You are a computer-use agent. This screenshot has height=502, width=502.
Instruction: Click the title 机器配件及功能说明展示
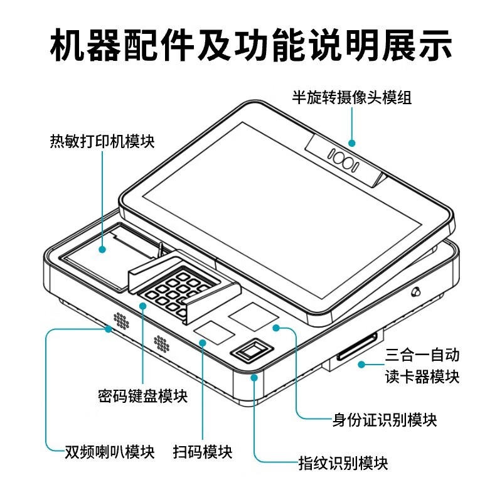pyautogui.click(x=251, y=45)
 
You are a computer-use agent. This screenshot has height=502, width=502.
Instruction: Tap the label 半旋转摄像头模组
pyautogui.click(x=351, y=97)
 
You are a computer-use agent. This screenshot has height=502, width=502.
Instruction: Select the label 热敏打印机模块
pyautogui.click(x=102, y=141)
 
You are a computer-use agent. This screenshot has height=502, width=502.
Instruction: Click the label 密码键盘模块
pyautogui.click(x=143, y=396)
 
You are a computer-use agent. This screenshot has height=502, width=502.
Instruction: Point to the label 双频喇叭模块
pyautogui.click(x=110, y=452)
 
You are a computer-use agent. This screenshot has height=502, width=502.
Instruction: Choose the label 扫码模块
pyautogui.click(x=203, y=452)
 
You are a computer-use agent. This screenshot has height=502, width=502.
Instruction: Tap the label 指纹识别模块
pyautogui.click(x=343, y=463)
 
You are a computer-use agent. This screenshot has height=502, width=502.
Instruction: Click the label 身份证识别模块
pyautogui.click(x=385, y=420)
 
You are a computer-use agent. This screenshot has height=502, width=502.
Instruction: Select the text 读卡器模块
pyautogui.click(x=422, y=376)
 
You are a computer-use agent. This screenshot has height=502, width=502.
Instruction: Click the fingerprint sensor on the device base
pyautogui.click(x=253, y=350)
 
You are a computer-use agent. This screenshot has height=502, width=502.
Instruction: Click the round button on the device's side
pyautogui.click(x=416, y=292)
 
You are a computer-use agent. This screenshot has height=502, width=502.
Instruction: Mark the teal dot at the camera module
pyautogui.click(x=352, y=143)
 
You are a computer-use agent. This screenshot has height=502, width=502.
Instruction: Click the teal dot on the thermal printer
pyautogui.click(x=102, y=250)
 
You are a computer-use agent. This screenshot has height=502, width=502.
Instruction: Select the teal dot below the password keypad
pyautogui.click(x=143, y=306)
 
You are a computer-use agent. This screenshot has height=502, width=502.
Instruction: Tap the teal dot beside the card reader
pyautogui.click(x=361, y=365)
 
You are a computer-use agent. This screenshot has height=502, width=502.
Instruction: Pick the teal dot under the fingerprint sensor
pyautogui.click(x=254, y=378)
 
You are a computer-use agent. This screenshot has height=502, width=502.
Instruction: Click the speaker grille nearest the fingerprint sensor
pyautogui.click(x=162, y=343)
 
